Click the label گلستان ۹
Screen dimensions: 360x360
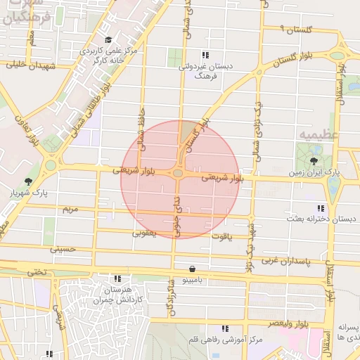coord(296,29)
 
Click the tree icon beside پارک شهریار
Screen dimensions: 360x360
coord(27,181)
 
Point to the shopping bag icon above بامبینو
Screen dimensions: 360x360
coord(193,269)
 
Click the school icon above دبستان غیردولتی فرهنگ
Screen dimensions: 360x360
coord(205,55)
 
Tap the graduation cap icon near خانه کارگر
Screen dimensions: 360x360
coord(108,40)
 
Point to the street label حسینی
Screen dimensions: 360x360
coord(62,249)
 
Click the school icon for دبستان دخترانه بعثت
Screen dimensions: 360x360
coord(321,209)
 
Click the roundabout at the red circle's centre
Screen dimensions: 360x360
coord(178,173)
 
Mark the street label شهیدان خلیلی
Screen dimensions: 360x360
coord(30,65)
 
